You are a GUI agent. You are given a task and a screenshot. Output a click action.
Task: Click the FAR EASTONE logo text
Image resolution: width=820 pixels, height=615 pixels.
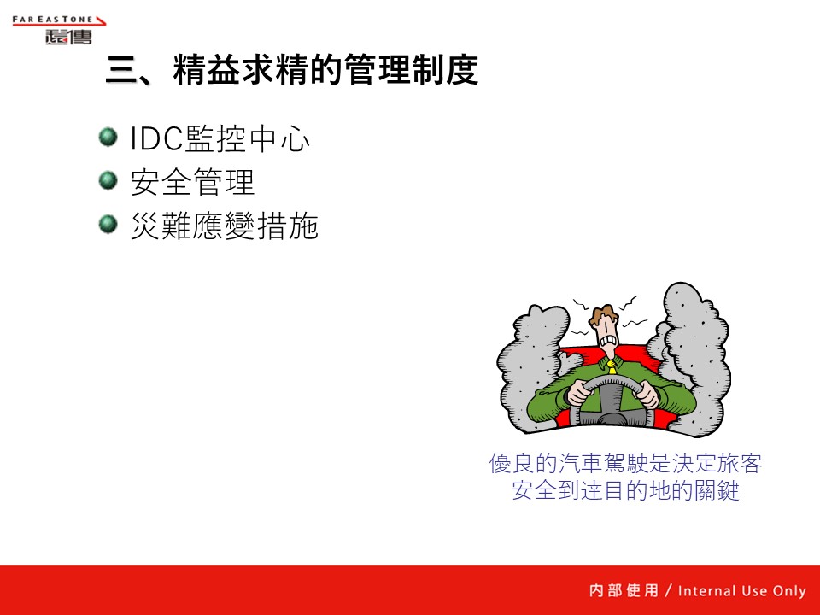[52, 20]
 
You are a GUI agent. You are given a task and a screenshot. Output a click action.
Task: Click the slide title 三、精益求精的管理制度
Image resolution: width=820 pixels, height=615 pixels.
[292, 69]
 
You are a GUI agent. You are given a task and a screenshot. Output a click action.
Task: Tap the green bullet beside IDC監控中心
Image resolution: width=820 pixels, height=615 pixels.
[108, 137]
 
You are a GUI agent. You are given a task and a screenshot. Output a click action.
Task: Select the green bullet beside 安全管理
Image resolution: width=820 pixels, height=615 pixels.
[108, 181]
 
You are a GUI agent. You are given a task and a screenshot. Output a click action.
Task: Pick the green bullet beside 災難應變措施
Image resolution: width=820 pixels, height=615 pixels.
[108, 225]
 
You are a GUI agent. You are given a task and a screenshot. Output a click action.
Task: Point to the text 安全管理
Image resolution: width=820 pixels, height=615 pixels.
[192, 182]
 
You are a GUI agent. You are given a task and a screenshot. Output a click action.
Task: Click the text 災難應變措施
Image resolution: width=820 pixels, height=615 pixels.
[225, 225]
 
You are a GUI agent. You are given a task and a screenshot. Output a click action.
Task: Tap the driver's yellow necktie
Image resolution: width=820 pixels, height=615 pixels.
[611, 367]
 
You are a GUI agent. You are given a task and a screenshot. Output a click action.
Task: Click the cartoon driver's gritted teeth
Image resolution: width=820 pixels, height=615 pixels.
[608, 342]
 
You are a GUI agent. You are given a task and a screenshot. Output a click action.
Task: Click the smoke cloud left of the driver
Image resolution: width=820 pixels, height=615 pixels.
[533, 366]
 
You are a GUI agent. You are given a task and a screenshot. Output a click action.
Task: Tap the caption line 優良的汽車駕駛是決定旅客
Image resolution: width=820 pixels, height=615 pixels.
[625, 463]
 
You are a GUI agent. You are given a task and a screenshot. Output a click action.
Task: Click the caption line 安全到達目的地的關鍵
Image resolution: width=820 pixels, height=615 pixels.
[625, 490]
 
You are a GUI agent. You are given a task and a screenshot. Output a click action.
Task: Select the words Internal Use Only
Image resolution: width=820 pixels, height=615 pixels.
[742, 591]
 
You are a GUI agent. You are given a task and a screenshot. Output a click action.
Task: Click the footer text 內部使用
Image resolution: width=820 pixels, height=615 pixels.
[624, 590]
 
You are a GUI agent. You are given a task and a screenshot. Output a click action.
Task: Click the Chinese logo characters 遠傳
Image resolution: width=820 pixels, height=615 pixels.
[68, 37]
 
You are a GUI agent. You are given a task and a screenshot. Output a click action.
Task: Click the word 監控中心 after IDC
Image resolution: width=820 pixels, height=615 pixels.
[248, 139]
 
